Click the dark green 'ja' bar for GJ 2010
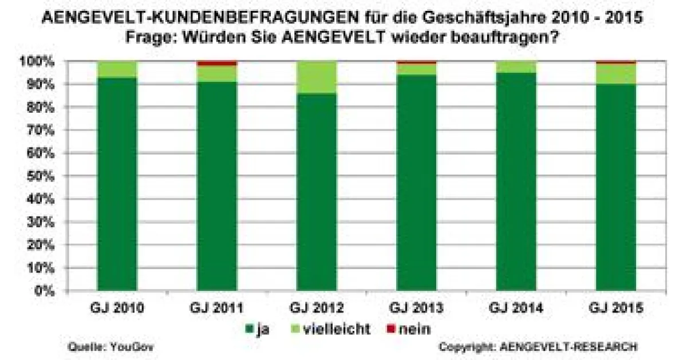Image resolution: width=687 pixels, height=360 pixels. [117, 183]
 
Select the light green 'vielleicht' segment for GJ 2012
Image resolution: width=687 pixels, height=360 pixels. [317, 77]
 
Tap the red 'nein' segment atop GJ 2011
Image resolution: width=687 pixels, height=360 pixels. [217, 63]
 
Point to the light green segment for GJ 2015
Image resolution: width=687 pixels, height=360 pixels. [616, 73]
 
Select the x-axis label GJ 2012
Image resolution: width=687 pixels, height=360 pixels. [317, 308]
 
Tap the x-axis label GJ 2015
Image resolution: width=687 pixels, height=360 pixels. [616, 308]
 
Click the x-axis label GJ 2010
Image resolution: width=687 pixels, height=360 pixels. [117, 308]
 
